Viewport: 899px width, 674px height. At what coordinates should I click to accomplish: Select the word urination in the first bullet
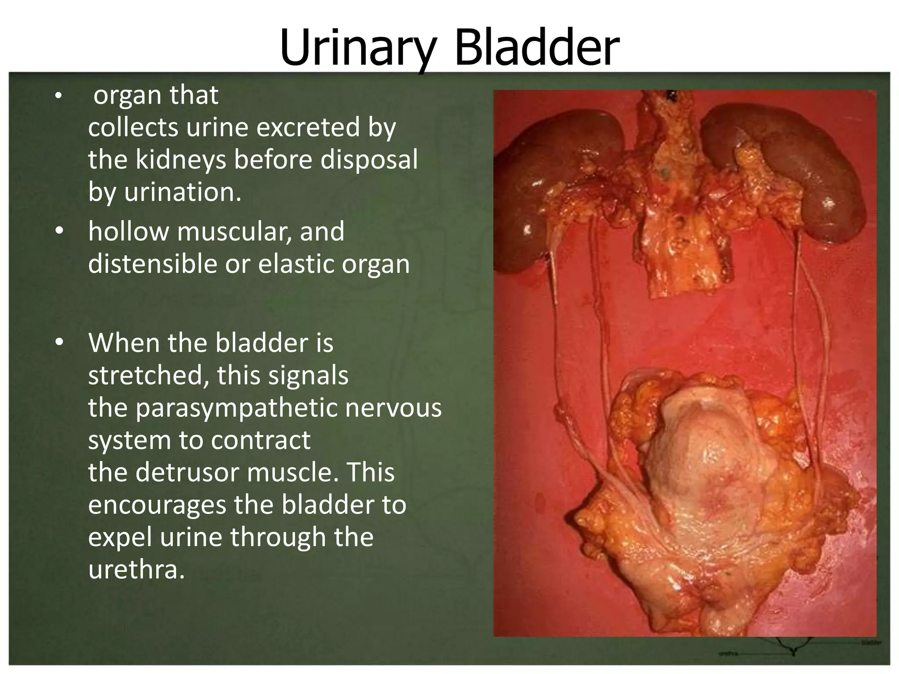(183, 192)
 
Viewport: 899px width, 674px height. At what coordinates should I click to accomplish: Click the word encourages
(157, 505)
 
